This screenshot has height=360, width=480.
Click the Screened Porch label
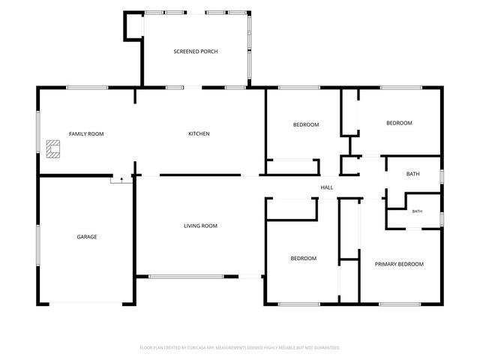coord(196,52)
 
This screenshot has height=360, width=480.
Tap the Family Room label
coord(86,133)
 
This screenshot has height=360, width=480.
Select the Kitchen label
coord(199,133)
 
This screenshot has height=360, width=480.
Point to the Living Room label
coord(200,226)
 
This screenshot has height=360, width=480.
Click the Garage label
coord(87,237)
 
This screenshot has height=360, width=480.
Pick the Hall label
coord(327,187)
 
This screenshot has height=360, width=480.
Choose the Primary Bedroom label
coord(399,264)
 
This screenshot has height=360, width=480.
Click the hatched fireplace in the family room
coord(53,149)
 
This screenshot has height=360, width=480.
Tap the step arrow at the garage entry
coord(121,179)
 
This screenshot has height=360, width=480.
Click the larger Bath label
coord(413,174)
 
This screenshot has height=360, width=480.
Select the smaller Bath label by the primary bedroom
coord(417,211)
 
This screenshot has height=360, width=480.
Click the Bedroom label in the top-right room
coord(399,123)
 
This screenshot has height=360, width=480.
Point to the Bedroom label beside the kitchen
coord(306,124)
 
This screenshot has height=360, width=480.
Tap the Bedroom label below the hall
coord(304,258)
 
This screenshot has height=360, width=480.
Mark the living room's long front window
coord(187,277)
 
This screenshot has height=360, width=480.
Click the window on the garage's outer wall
coord(38,245)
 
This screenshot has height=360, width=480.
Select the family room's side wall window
coord(38,132)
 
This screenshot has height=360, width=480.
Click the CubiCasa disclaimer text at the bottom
coord(240,348)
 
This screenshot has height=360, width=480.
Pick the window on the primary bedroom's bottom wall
coord(400,304)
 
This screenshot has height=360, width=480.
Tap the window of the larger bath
coord(442,177)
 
